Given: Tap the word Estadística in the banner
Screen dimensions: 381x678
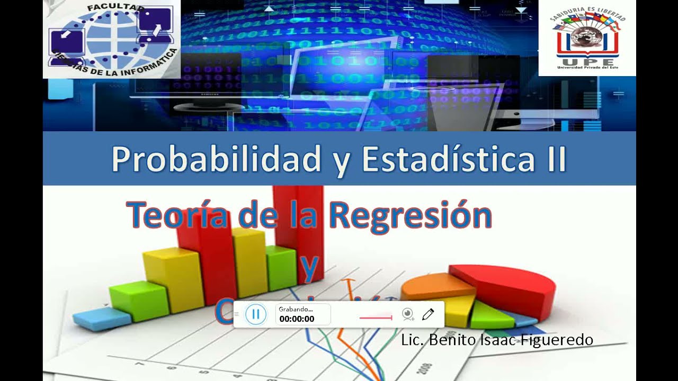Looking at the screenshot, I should (448, 159).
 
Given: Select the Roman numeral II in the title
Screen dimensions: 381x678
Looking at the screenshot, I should (554, 159).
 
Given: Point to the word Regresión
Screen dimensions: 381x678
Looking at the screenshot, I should (410, 215).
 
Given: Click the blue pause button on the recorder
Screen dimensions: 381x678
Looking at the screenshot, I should (256, 314).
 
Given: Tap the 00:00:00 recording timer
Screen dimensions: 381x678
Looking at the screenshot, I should (297, 319).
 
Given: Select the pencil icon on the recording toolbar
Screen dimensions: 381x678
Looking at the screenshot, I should (428, 314).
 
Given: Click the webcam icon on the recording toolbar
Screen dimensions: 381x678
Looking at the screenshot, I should (407, 314).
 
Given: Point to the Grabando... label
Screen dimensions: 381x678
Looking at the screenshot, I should (296, 309).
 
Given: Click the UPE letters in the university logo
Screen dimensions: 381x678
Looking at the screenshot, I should (587, 60).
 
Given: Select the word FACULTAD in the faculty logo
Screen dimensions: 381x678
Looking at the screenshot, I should (115, 8).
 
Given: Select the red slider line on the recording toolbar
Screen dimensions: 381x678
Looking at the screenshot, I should (376, 318).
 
